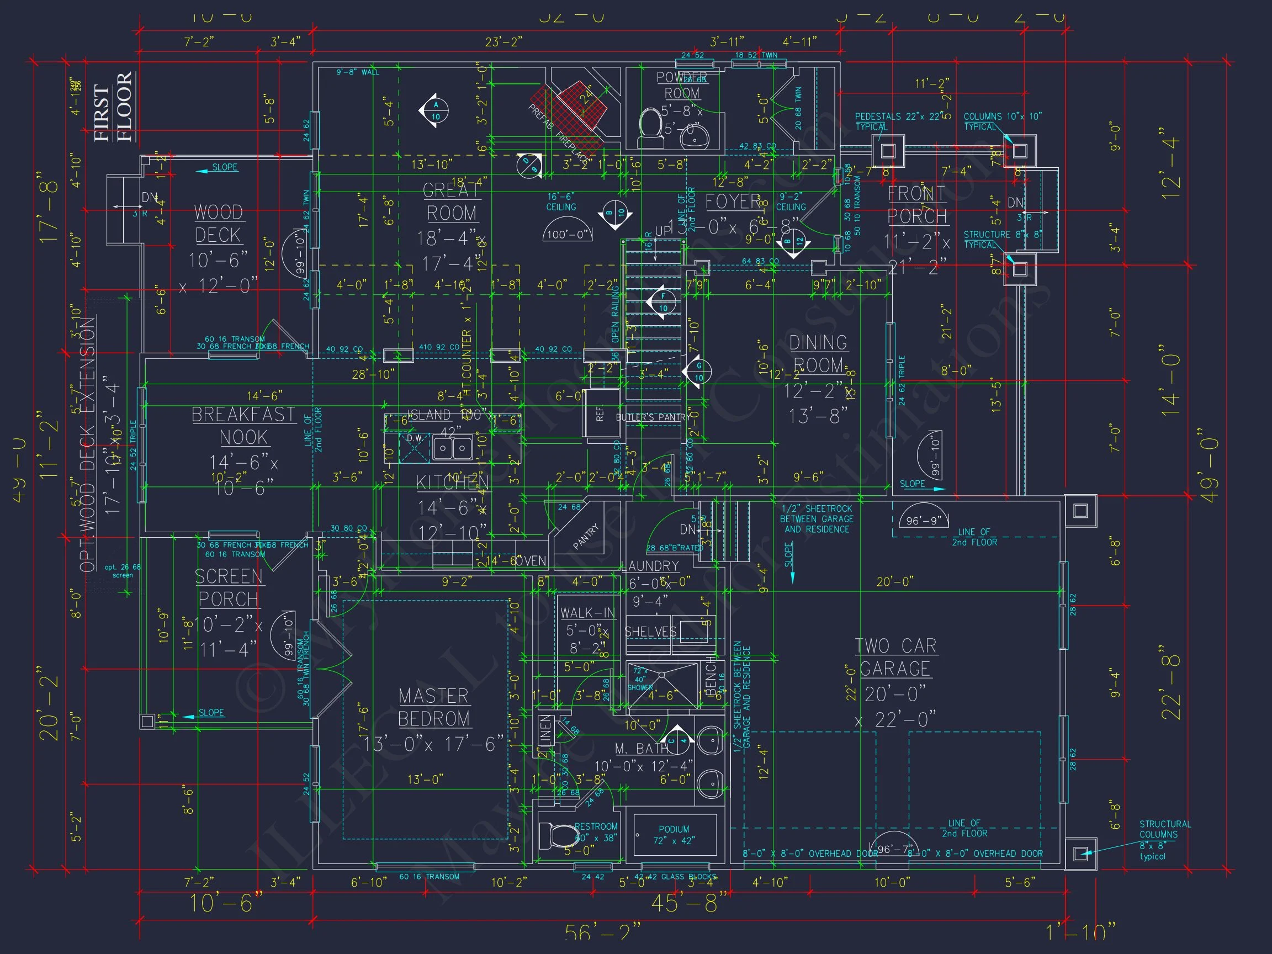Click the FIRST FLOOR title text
coord(113,108)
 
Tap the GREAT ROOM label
coord(452,202)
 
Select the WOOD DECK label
coord(219,224)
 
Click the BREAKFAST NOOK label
coord(243,426)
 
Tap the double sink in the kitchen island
coord(453,448)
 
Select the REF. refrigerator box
coord(601,414)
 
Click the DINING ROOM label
coord(818,354)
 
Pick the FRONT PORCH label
coord(916,205)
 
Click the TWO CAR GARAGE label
coord(895,658)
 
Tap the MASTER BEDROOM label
coord(434,707)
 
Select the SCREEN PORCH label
coord(229,588)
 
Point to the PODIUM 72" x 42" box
coord(675,834)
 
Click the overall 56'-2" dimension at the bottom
coord(602,932)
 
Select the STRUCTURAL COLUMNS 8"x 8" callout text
coord(1164,840)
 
